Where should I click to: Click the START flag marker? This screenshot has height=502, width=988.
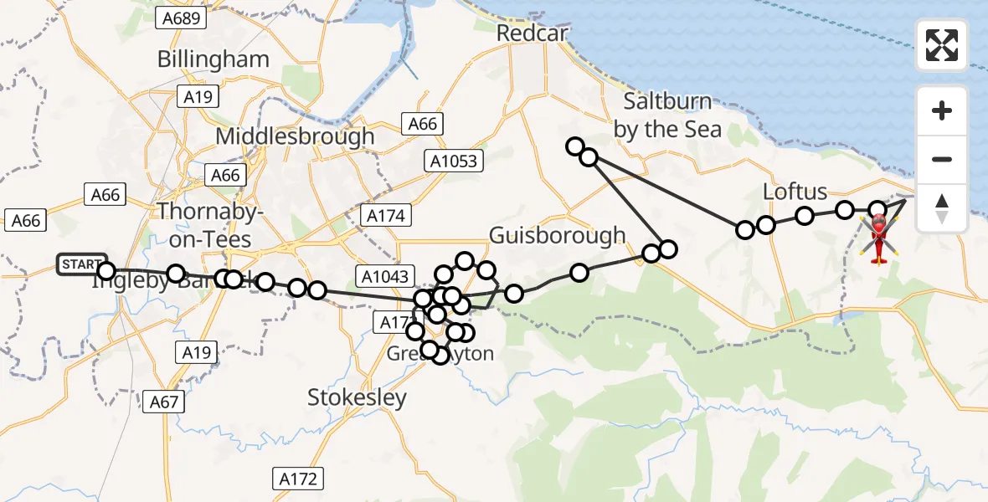coord(81,264)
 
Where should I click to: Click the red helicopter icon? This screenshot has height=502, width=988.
coord(879,238)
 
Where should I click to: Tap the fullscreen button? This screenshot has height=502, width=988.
coord(942,45)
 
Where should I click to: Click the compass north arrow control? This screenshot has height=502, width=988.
coord(942,208)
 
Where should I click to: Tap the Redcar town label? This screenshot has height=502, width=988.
coord(532,33)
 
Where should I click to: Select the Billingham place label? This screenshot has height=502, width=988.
coord(214,59)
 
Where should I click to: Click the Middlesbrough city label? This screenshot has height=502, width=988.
coord(295,136)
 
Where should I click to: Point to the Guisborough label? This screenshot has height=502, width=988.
coord(557,235)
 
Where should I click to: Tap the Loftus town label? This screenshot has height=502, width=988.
coord(795,192)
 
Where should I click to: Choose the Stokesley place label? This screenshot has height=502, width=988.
coord(357,397)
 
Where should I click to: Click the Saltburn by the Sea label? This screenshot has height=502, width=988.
coord(667,115)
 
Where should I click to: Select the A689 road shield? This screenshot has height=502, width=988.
coord(182,18)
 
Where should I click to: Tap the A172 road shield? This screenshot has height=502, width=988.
coord(298,479)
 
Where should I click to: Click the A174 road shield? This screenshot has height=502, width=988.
coord(386,216)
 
